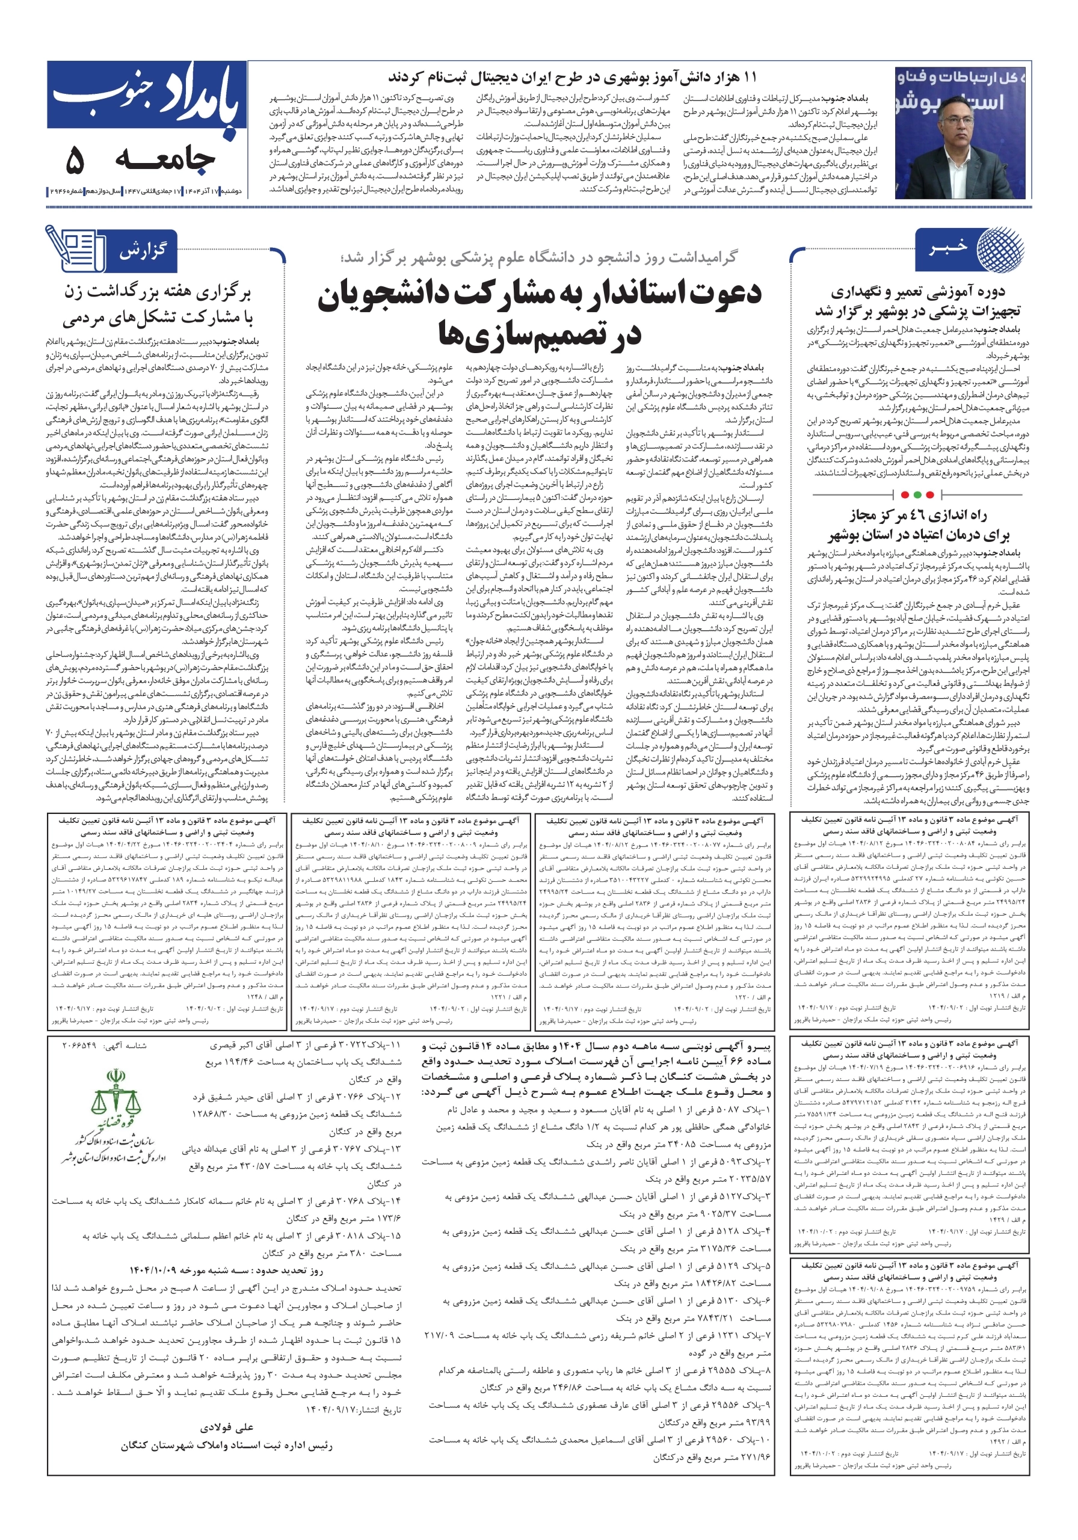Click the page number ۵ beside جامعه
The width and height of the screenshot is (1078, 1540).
75,159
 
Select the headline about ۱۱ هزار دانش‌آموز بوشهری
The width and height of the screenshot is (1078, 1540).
571,77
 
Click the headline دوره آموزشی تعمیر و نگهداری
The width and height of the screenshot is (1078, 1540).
917,301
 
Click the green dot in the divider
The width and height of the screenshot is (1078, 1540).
929,495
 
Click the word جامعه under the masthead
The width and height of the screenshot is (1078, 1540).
165,159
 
